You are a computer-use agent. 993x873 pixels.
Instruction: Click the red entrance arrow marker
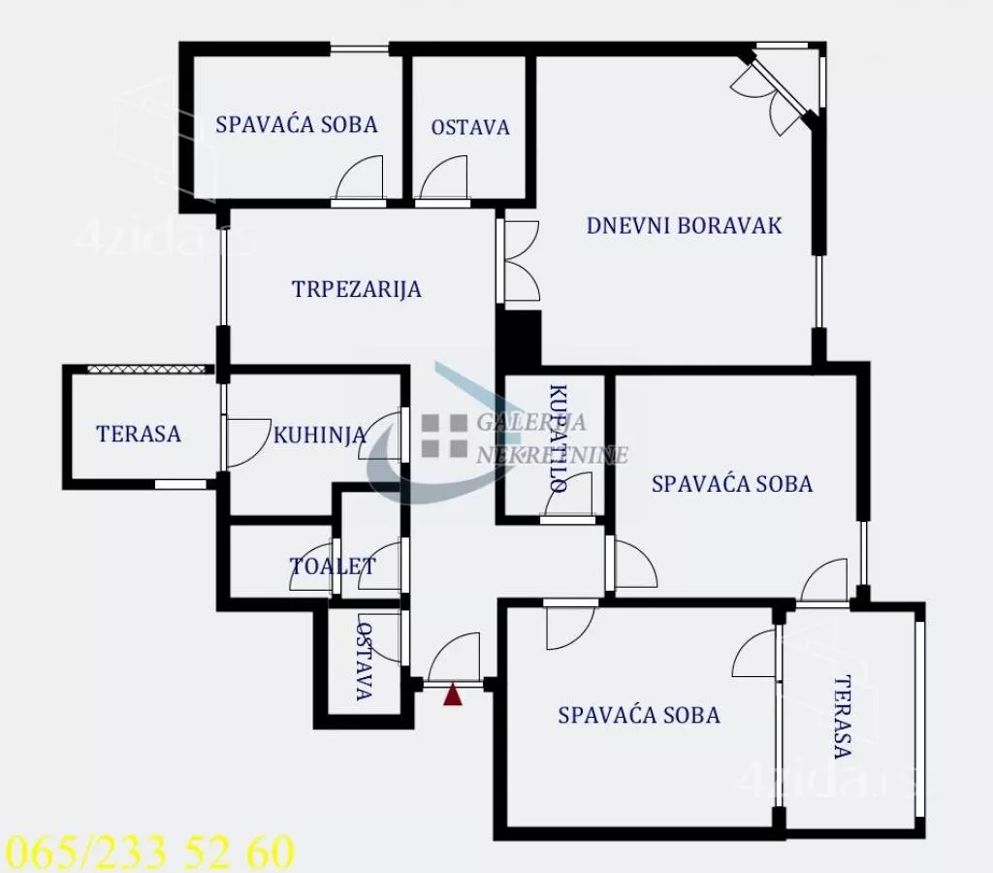pos(452,695)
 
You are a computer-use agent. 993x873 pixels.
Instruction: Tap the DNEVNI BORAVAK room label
pos(684,226)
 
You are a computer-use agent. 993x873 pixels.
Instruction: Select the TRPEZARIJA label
pos(357,289)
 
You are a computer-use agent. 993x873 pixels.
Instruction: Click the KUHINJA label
pos(320,435)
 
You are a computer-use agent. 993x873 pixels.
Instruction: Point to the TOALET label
pos(332,566)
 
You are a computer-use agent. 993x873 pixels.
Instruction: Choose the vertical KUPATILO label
pos(558,438)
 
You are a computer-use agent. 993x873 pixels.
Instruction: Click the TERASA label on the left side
pos(139,434)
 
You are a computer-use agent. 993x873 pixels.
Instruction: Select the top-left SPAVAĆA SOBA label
pos(296,124)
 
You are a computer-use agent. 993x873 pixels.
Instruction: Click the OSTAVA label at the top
pos(470,127)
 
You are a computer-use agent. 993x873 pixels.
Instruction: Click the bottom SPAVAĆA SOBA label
pos(639,716)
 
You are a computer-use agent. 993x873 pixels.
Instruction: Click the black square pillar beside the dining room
pos(518,339)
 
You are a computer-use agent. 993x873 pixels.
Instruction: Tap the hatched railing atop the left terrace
pos(148,370)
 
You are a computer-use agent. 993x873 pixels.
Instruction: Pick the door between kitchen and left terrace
pos(246,442)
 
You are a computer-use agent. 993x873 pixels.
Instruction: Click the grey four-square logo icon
pos(444,435)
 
